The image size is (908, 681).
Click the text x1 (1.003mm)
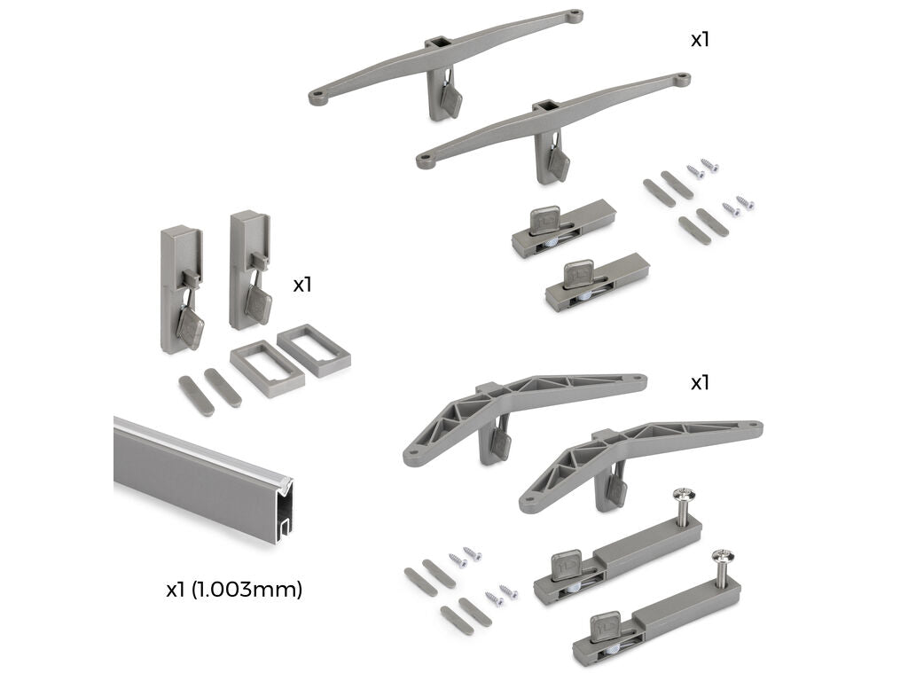click(x=234, y=590)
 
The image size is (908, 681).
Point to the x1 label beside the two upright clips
click(x=302, y=285)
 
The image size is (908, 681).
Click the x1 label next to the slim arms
click(x=700, y=39)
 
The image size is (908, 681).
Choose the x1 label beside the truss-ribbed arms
click(x=700, y=383)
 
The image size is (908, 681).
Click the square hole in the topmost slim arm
click(x=436, y=42)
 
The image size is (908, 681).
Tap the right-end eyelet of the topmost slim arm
click(x=575, y=14)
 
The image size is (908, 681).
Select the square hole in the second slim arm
click(x=544, y=106)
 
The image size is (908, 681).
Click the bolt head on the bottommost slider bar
click(x=724, y=557)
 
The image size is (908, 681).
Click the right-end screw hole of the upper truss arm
click(x=638, y=379)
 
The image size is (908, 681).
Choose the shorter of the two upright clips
click(x=181, y=288)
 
